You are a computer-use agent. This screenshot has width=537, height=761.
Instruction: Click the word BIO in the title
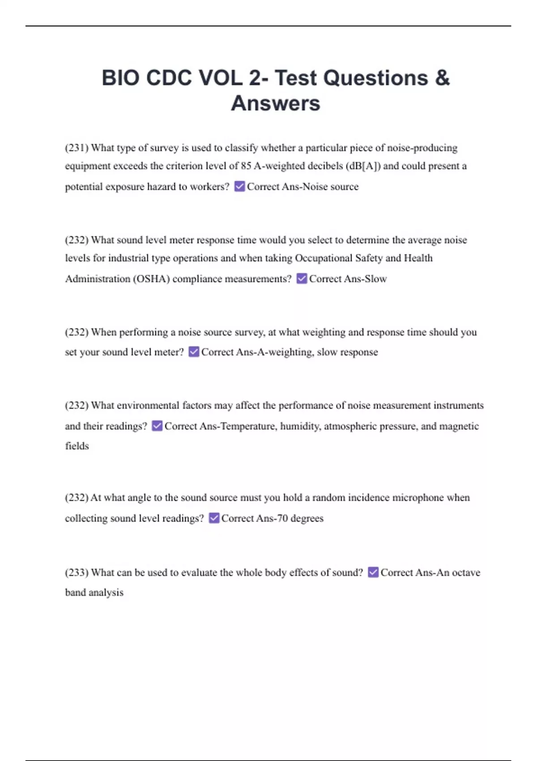[120, 78]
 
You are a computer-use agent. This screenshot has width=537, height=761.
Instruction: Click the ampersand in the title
[441, 78]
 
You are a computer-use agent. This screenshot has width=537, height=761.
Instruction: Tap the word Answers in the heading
[275, 103]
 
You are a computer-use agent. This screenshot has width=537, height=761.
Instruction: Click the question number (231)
[77, 148]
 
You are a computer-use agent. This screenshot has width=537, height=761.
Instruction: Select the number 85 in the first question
[246, 166]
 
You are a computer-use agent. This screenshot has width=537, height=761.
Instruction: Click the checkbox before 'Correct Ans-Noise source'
[239, 186]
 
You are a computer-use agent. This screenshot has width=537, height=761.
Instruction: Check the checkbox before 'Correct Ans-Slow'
[302, 278]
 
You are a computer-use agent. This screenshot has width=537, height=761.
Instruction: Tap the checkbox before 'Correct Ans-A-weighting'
[194, 352]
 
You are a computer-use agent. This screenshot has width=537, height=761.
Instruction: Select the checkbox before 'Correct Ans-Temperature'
[157, 426]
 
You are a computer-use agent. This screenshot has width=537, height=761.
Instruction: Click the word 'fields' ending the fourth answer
[77, 446]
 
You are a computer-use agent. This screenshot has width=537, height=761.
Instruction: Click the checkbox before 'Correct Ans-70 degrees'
[214, 518]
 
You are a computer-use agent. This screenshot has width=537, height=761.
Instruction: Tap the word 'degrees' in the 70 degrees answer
[307, 518]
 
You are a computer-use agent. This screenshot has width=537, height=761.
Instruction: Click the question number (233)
[77, 573]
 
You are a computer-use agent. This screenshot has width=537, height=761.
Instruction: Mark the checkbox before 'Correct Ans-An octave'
[373, 572]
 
